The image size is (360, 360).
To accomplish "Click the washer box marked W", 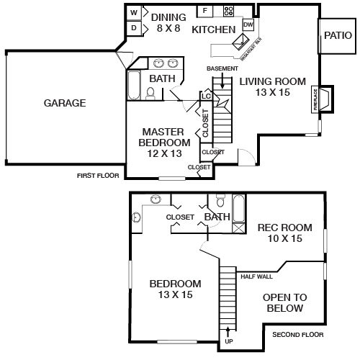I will (x=135, y=13).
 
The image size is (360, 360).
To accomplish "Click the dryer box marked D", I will (x=135, y=28).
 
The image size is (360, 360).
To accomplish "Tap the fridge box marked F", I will (x=204, y=11).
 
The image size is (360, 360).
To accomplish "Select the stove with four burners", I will (x=229, y=11).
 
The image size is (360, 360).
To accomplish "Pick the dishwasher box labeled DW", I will (x=248, y=26).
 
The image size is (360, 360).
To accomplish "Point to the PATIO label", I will (x=338, y=35).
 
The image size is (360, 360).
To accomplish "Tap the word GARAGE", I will (x=65, y=103).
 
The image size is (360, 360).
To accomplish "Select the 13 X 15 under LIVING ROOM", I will (x=272, y=92).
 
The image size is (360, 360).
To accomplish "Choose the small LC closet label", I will (x=205, y=94).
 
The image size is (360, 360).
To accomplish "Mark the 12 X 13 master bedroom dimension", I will (x=161, y=153).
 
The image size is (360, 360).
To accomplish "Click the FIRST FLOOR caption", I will (x=99, y=175).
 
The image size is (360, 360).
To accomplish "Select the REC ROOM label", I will (x=285, y=228).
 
